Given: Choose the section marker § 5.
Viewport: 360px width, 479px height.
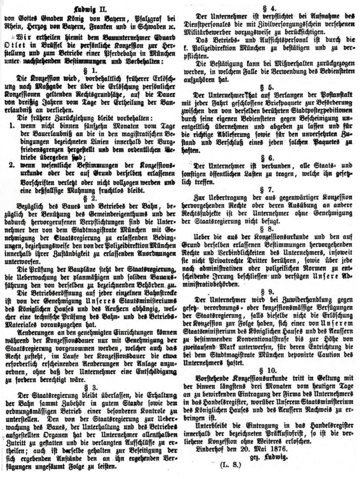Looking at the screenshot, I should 270,87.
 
